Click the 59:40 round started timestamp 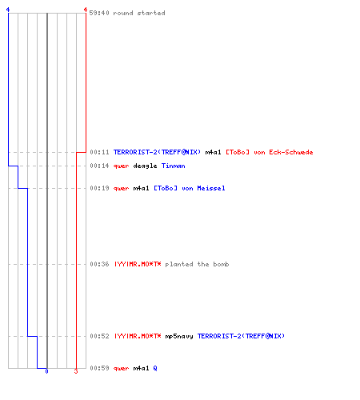point(99,13)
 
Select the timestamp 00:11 point(99,152)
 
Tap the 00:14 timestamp point(99,166)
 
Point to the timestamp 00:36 point(99,264)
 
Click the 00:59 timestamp point(99,368)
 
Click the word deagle point(145,166)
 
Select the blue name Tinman point(174,166)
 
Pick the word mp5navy point(179,337)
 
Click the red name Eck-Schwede point(291,152)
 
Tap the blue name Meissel point(211,188)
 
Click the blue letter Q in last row point(155,368)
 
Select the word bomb point(221,264)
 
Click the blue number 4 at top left point(8,10)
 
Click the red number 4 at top point(85,10)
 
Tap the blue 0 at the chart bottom point(46,371)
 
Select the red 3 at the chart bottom point(76,371)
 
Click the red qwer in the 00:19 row point(121,189)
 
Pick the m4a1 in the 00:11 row point(213,152)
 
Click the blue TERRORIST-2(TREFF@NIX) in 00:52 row point(241,336)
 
